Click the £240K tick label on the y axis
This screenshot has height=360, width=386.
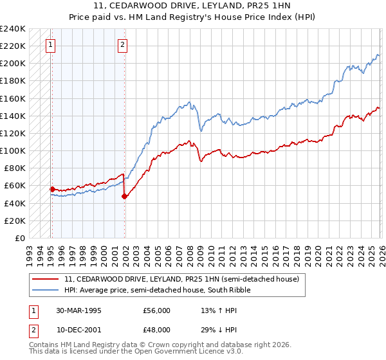(13, 29)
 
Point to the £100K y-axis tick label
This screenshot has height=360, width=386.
(13, 150)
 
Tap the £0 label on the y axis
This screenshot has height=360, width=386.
(21, 238)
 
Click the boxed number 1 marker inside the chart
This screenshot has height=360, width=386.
(50, 45)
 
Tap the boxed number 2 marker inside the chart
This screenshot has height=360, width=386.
(122, 45)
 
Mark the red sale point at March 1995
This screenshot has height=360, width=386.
(52, 189)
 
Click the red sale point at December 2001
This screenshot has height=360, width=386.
(124, 196)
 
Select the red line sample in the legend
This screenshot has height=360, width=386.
(46, 280)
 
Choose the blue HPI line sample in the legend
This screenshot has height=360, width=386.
(46, 291)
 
